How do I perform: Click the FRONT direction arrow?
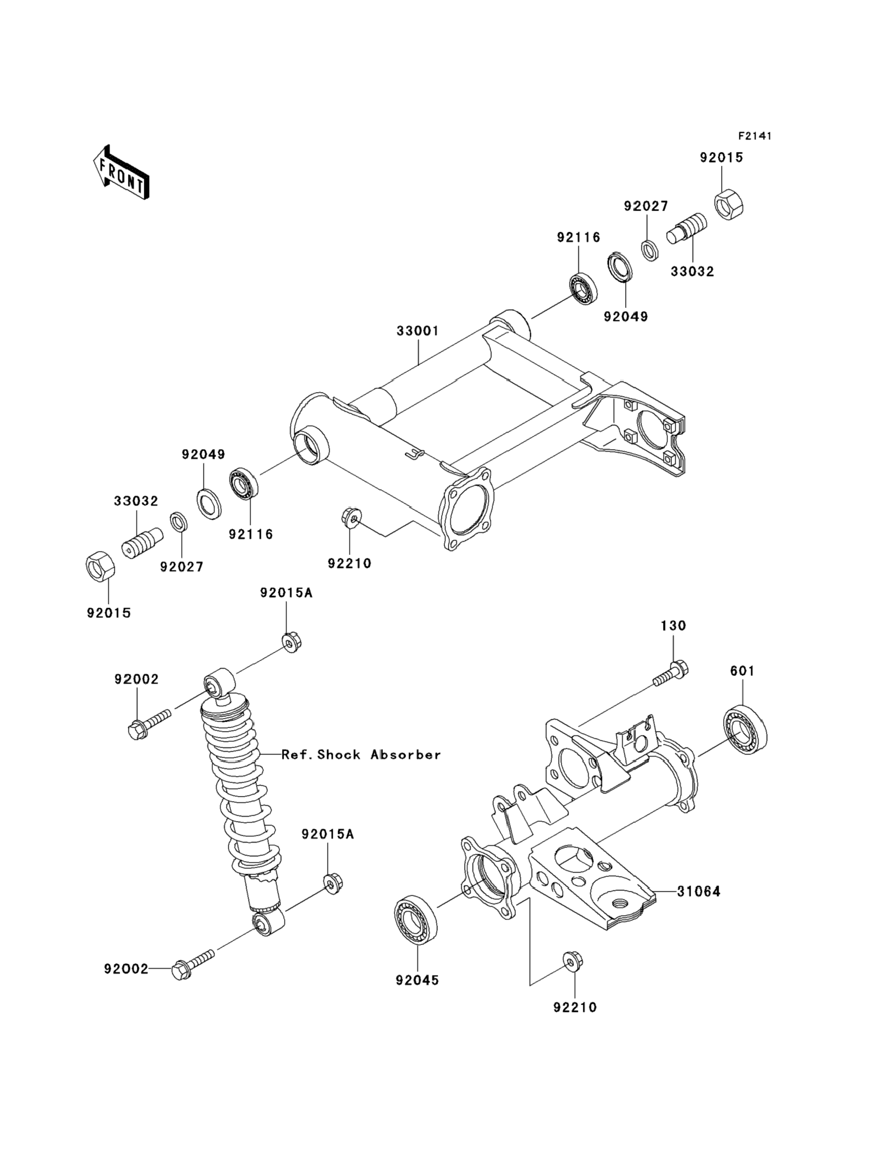(121, 172)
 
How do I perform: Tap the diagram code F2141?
(755, 136)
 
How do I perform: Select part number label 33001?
(417, 331)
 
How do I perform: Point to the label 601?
(742, 671)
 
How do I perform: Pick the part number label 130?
(673, 626)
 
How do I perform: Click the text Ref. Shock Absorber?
(361, 755)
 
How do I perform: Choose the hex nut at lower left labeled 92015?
(100, 566)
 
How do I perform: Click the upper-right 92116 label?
(578, 238)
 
